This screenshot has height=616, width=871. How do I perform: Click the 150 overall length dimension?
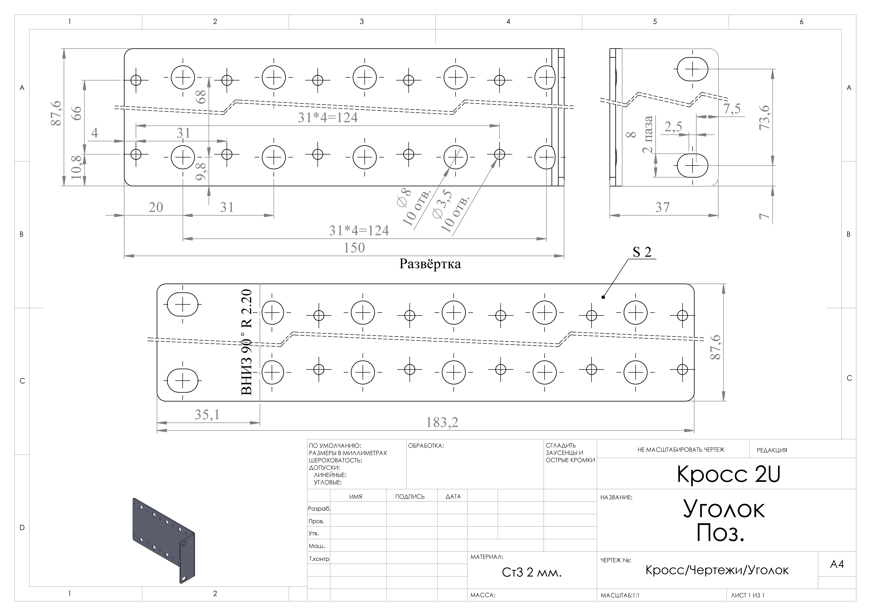point(354,248)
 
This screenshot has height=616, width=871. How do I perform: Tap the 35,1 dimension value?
point(207,414)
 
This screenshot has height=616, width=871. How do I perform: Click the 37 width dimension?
point(662,207)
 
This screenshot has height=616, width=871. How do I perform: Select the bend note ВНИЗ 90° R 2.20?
point(247,342)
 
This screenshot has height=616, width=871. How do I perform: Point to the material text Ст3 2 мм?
point(531,572)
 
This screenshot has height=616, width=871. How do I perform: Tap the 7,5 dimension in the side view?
point(732,109)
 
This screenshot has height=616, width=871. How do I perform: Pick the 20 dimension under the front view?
point(156,207)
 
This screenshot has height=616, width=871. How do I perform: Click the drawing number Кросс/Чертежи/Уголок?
point(717,570)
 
